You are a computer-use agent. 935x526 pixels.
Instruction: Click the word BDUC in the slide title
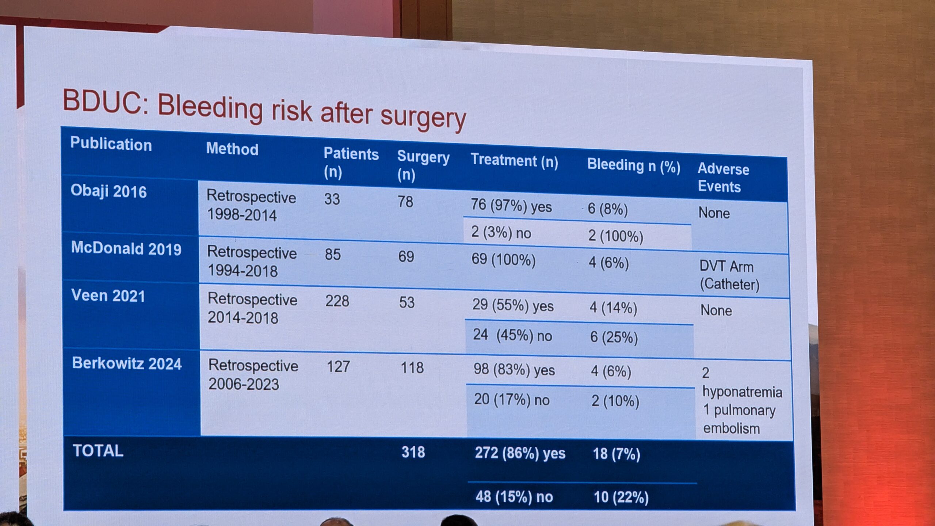(x=102, y=100)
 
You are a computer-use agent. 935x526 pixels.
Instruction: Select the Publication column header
(x=111, y=144)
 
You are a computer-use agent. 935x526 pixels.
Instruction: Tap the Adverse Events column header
(x=723, y=178)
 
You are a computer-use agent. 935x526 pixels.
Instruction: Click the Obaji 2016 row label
(x=108, y=191)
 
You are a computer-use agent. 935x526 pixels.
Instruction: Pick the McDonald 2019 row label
(x=126, y=248)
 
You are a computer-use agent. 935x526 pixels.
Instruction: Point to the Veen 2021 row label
(x=108, y=296)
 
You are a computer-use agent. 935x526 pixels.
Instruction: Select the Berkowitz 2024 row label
(x=127, y=363)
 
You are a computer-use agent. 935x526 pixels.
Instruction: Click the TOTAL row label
(x=98, y=451)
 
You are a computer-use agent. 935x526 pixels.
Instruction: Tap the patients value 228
(x=337, y=301)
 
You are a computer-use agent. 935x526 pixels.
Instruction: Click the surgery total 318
(x=413, y=452)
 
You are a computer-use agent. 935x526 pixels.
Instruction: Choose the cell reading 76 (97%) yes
(x=511, y=206)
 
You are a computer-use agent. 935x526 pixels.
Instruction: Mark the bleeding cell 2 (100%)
(x=615, y=236)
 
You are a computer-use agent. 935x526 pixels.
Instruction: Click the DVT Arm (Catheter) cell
(x=729, y=275)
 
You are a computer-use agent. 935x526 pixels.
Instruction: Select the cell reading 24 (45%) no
(x=512, y=335)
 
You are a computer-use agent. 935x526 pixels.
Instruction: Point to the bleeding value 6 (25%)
(x=614, y=337)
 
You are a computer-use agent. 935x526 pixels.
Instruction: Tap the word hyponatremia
(x=742, y=392)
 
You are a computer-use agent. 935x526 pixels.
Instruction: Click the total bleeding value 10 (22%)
(x=621, y=497)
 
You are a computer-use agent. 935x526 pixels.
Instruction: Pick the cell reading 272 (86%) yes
(x=520, y=453)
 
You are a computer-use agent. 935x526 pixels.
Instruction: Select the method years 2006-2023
(x=244, y=384)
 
